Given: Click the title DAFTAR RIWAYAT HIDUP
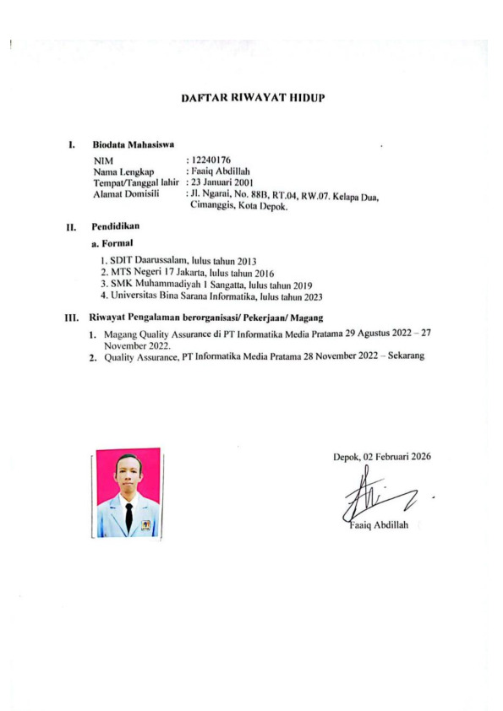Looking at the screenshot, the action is (254, 99).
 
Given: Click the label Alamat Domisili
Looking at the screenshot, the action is (126, 193).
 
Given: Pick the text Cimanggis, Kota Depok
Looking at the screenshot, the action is (241, 206).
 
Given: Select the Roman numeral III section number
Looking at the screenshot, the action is (71, 318).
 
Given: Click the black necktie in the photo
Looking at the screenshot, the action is (128, 516).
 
